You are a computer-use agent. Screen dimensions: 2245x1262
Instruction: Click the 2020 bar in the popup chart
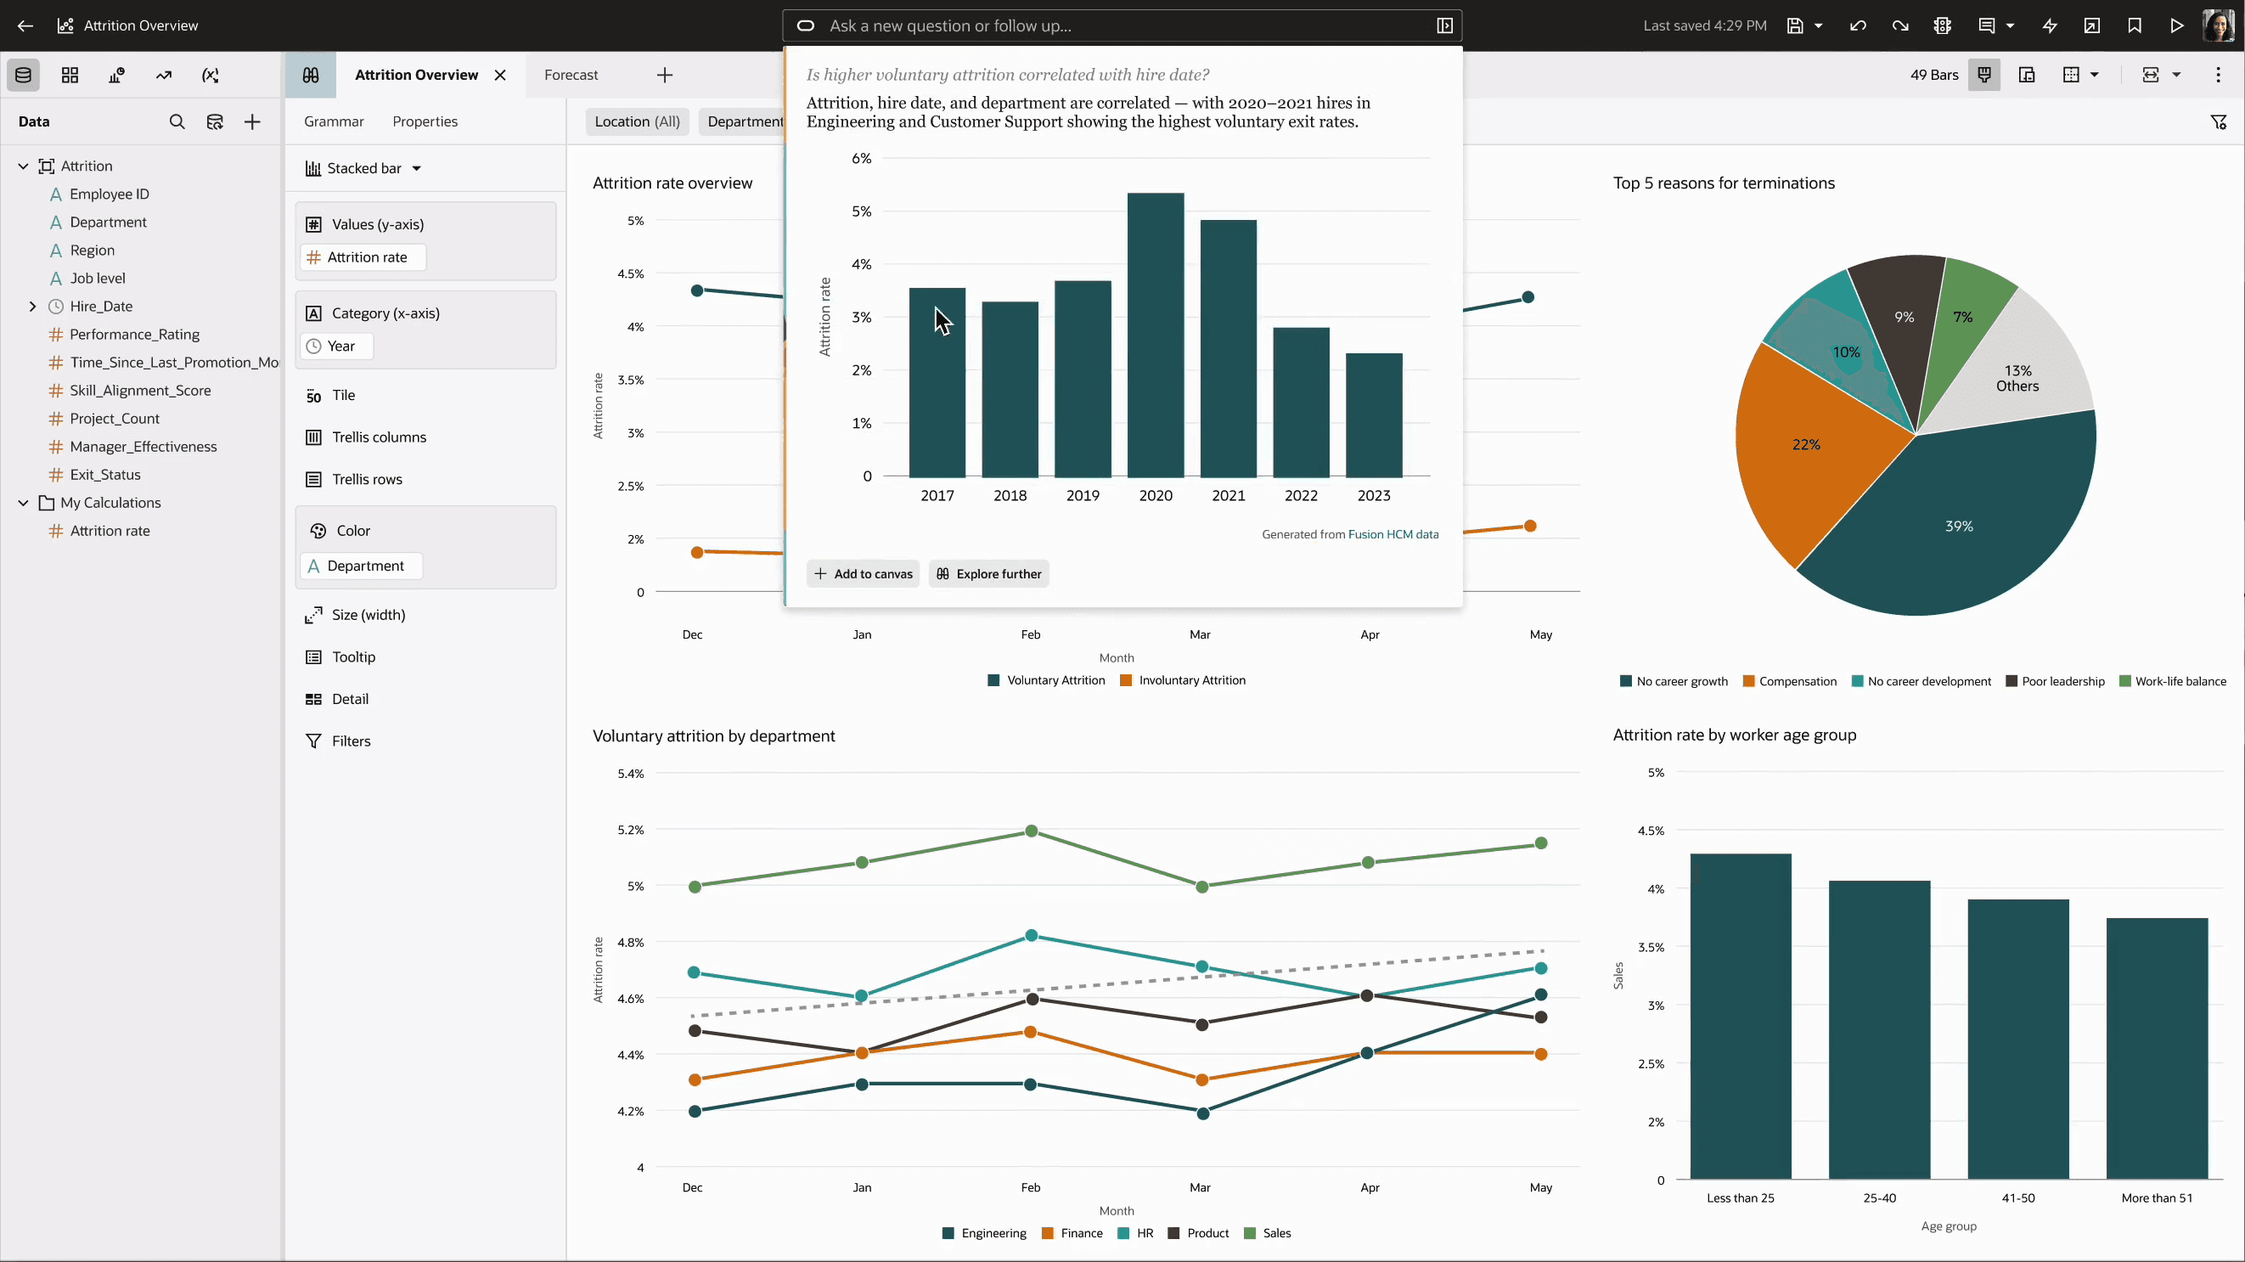pyautogui.click(x=1156, y=335)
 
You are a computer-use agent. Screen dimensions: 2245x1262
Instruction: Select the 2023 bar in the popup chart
pyautogui.click(x=1375, y=414)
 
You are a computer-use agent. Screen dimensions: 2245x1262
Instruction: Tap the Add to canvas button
pyautogui.click(x=863, y=573)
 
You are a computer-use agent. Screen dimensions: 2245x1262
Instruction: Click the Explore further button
pyautogui.click(x=988, y=573)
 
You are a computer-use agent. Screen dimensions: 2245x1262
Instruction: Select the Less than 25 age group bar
pyautogui.click(x=1741, y=1017)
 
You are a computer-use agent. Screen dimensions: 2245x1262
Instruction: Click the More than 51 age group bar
pyautogui.click(x=2157, y=1049)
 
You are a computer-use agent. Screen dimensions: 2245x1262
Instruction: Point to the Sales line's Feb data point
pyautogui.click(x=1032, y=831)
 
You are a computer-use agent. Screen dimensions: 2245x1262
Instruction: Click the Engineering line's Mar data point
pyautogui.click(x=1202, y=1113)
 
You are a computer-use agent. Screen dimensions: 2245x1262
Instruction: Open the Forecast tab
pyautogui.click(x=571, y=75)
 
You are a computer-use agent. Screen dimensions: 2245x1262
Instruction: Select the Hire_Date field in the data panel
pyautogui.click(x=101, y=306)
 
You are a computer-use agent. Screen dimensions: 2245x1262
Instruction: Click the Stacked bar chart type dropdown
pyautogui.click(x=363, y=168)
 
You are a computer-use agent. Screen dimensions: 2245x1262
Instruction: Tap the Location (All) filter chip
pyautogui.click(x=637, y=121)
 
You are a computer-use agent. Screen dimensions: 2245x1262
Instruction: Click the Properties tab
pyautogui.click(x=425, y=121)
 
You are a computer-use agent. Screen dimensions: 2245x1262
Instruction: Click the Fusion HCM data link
pyautogui.click(x=1393, y=534)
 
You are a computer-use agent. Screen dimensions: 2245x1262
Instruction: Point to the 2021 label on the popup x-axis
pyautogui.click(x=1228, y=495)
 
